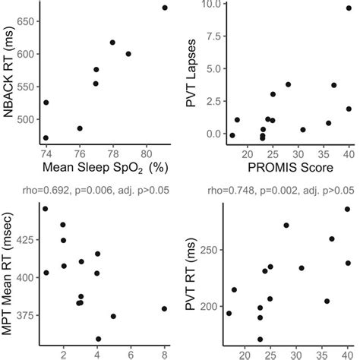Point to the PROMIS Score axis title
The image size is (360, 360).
[x=280, y=166]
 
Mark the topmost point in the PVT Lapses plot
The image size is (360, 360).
[x=349, y=8]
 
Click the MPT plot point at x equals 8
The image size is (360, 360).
[x=165, y=308]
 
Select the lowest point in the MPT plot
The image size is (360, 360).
[x=98, y=339]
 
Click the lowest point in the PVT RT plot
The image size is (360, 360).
[x=260, y=339]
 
